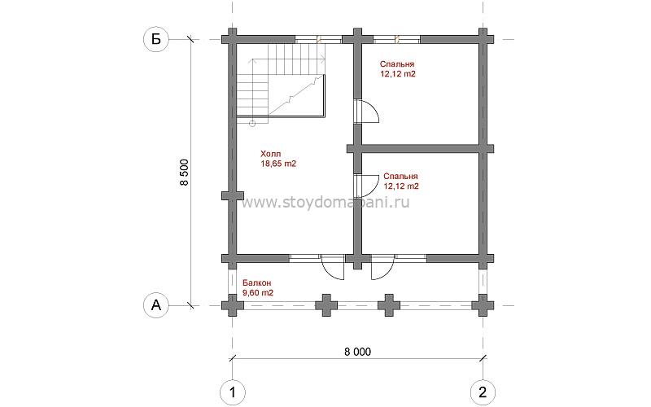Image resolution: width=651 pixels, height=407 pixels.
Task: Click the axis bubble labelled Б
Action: point(155,39)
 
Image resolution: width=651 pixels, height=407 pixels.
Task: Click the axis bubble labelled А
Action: point(155,306)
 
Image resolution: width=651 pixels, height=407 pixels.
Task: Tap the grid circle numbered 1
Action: point(233,392)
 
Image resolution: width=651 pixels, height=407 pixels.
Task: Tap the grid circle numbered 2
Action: point(483,392)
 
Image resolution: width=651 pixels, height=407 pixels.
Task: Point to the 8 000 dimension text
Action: point(357,352)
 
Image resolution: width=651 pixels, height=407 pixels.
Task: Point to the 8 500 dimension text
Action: point(185,173)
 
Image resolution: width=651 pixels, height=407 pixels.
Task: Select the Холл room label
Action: point(271,154)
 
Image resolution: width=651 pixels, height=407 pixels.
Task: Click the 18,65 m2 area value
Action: point(278,164)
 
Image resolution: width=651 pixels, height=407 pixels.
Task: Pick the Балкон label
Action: point(257,282)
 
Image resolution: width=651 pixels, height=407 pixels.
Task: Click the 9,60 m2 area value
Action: point(258,293)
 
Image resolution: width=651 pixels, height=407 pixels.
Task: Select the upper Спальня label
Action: point(397,64)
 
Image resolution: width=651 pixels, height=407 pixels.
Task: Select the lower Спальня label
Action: point(400,177)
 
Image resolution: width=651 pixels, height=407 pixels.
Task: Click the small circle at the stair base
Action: point(252,124)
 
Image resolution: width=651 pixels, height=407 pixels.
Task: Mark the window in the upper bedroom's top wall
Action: point(397,39)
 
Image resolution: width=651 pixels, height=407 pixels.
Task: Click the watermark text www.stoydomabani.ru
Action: point(325,202)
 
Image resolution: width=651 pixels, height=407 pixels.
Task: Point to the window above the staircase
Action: point(318,39)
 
